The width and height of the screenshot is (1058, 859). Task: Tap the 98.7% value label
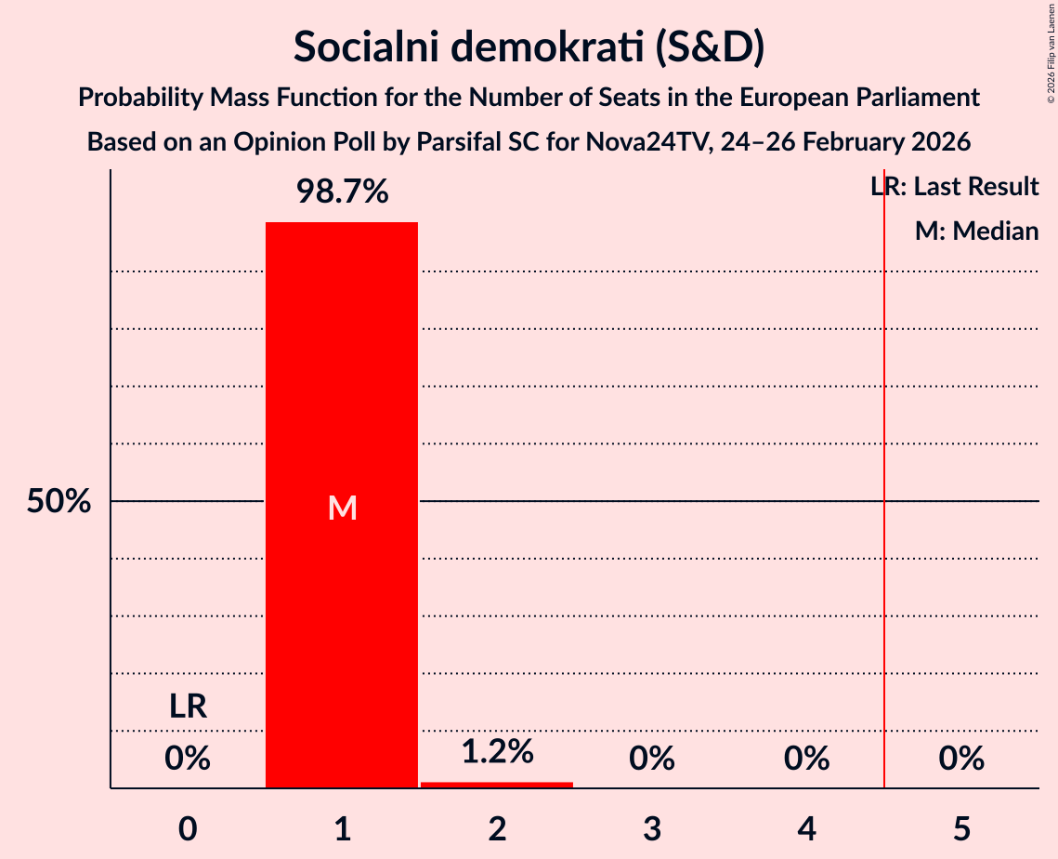342,192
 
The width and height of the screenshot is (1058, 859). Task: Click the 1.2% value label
497,751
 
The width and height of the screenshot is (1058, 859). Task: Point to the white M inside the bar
342,508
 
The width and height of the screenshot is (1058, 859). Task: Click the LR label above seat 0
188,707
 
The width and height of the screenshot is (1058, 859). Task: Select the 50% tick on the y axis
59,502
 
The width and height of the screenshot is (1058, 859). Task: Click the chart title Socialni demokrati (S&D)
529,47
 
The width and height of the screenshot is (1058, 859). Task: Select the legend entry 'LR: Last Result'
955,187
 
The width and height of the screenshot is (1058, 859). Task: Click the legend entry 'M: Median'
976,231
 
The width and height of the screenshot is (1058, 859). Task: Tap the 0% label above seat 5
961,759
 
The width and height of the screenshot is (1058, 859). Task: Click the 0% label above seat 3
652,759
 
